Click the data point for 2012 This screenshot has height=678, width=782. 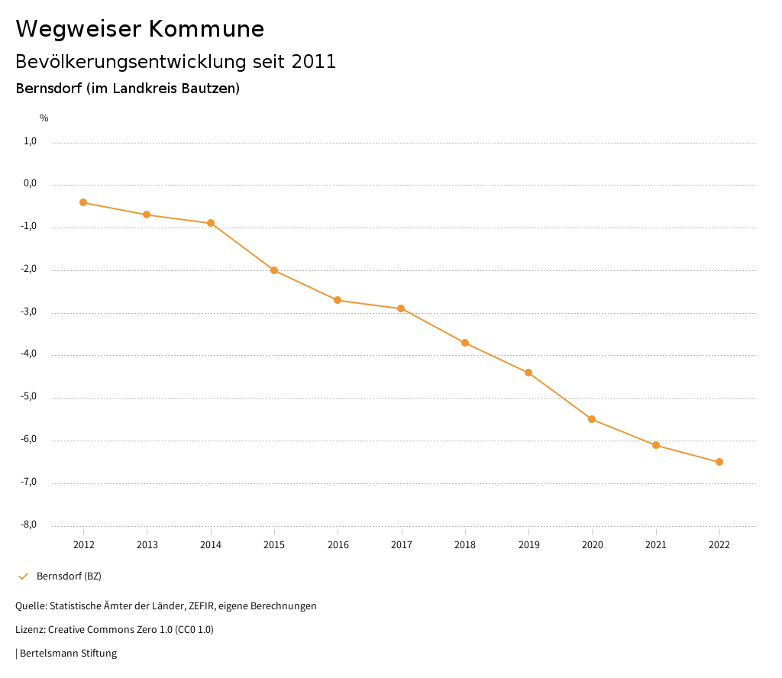pyautogui.click(x=83, y=202)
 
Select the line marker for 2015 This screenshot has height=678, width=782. pyautogui.click(x=274, y=270)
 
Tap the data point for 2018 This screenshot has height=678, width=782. pyautogui.click(x=465, y=343)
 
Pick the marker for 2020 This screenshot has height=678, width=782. pyautogui.click(x=592, y=419)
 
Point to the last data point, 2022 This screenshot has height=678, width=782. pyautogui.click(x=719, y=462)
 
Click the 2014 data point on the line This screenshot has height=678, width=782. pyautogui.click(x=211, y=223)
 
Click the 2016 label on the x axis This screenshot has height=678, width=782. pyautogui.click(x=338, y=544)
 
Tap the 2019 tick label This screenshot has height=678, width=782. pyautogui.click(x=528, y=544)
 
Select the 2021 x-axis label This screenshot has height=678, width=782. pyautogui.click(x=656, y=544)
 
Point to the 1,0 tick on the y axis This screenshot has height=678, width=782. pyautogui.click(x=31, y=141)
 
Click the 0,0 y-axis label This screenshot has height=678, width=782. pyautogui.click(x=31, y=184)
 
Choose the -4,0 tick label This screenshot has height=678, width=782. pyautogui.click(x=29, y=354)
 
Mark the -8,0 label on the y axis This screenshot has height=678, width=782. pyautogui.click(x=29, y=525)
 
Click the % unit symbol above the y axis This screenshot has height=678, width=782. pyautogui.click(x=44, y=118)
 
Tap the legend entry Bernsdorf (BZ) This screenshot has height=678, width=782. pyautogui.click(x=69, y=576)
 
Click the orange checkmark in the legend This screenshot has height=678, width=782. pyautogui.click(x=23, y=576)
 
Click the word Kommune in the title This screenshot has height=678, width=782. pyautogui.click(x=206, y=29)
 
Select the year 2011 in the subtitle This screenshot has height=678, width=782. pyautogui.click(x=314, y=62)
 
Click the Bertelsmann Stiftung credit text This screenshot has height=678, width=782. pyautogui.click(x=68, y=654)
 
